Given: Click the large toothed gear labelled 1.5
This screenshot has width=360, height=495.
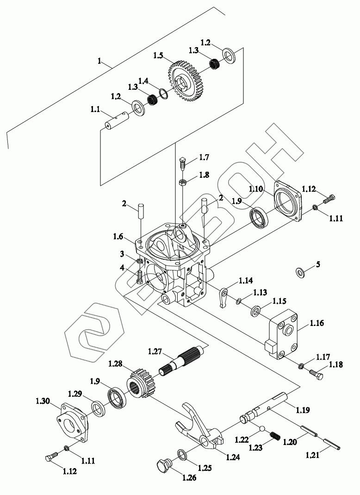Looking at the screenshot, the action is tap(185, 81).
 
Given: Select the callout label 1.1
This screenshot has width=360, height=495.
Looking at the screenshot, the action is tap(95, 110).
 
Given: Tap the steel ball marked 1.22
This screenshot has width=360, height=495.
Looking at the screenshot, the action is tap(262, 428).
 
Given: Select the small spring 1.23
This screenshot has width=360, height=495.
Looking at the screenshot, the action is tap(275, 436).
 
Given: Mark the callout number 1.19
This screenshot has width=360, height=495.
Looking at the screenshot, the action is tap(303, 410).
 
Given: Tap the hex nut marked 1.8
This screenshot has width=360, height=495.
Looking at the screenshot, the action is tap(183, 182).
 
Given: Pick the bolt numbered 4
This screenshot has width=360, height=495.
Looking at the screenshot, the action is tap(140, 277).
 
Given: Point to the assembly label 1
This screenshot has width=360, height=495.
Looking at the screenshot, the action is tap(99, 61).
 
